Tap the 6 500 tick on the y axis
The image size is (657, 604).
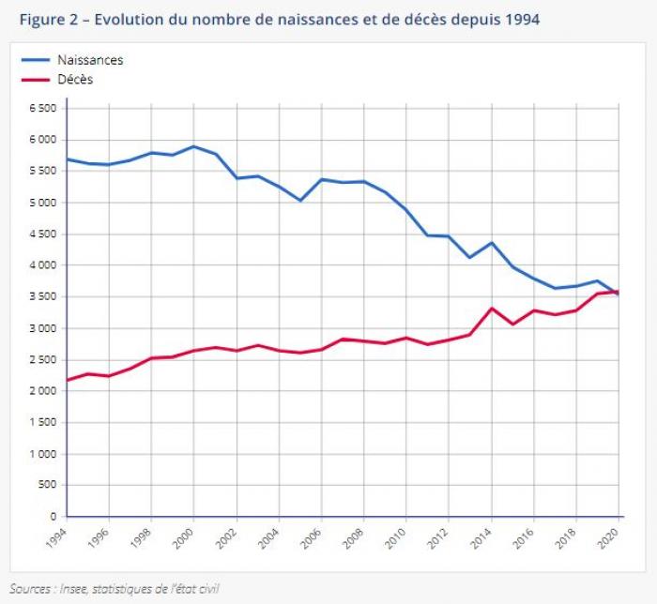coord(43,109)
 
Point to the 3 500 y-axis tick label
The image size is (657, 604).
coord(43,297)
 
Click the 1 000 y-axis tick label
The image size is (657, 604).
coord(43,454)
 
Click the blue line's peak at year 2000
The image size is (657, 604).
coord(193,146)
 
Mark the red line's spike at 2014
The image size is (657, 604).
coord(492,309)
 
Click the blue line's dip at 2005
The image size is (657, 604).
coord(299,201)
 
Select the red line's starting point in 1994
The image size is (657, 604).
coord(68,380)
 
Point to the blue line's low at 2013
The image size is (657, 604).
coord(470,257)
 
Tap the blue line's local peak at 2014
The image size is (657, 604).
coord(492,243)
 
